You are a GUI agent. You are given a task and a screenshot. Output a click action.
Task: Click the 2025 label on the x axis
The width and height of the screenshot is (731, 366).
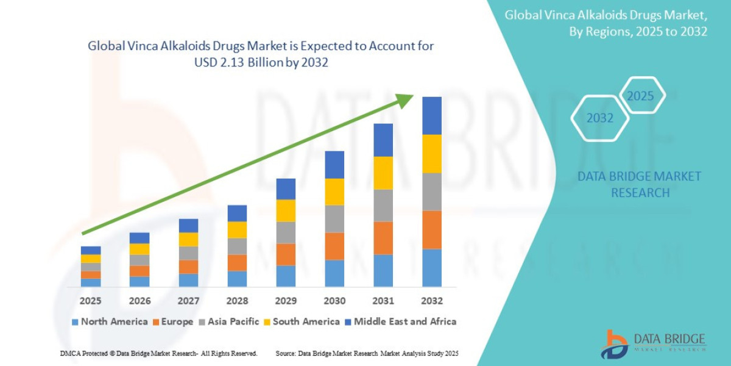pyautogui.click(x=91, y=301)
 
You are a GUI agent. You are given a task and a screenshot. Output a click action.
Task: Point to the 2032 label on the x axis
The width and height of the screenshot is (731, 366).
pyautogui.click(x=431, y=301)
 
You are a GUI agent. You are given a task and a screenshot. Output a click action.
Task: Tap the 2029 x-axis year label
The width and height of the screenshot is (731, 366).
pyautogui.click(x=286, y=301)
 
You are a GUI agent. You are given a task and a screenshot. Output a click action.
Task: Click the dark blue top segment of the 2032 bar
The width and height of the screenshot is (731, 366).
pyautogui.click(x=432, y=115)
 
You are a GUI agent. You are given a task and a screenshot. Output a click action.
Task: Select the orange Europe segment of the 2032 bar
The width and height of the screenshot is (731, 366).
pyautogui.click(x=432, y=229)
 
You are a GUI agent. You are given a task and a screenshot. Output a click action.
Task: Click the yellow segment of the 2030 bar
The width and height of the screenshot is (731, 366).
pyautogui.click(x=334, y=192)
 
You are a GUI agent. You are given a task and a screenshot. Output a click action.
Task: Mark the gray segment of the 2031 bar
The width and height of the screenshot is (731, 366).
pyautogui.click(x=383, y=205)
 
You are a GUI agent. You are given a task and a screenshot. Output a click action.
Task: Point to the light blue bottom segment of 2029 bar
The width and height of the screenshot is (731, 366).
pyautogui.click(x=286, y=276)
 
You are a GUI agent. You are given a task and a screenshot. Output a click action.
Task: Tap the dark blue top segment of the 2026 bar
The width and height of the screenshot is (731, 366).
pyautogui.click(x=139, y=238)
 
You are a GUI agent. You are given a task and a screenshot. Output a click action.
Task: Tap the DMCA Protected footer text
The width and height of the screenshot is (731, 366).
pyautogui.click(x=158, y=353)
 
